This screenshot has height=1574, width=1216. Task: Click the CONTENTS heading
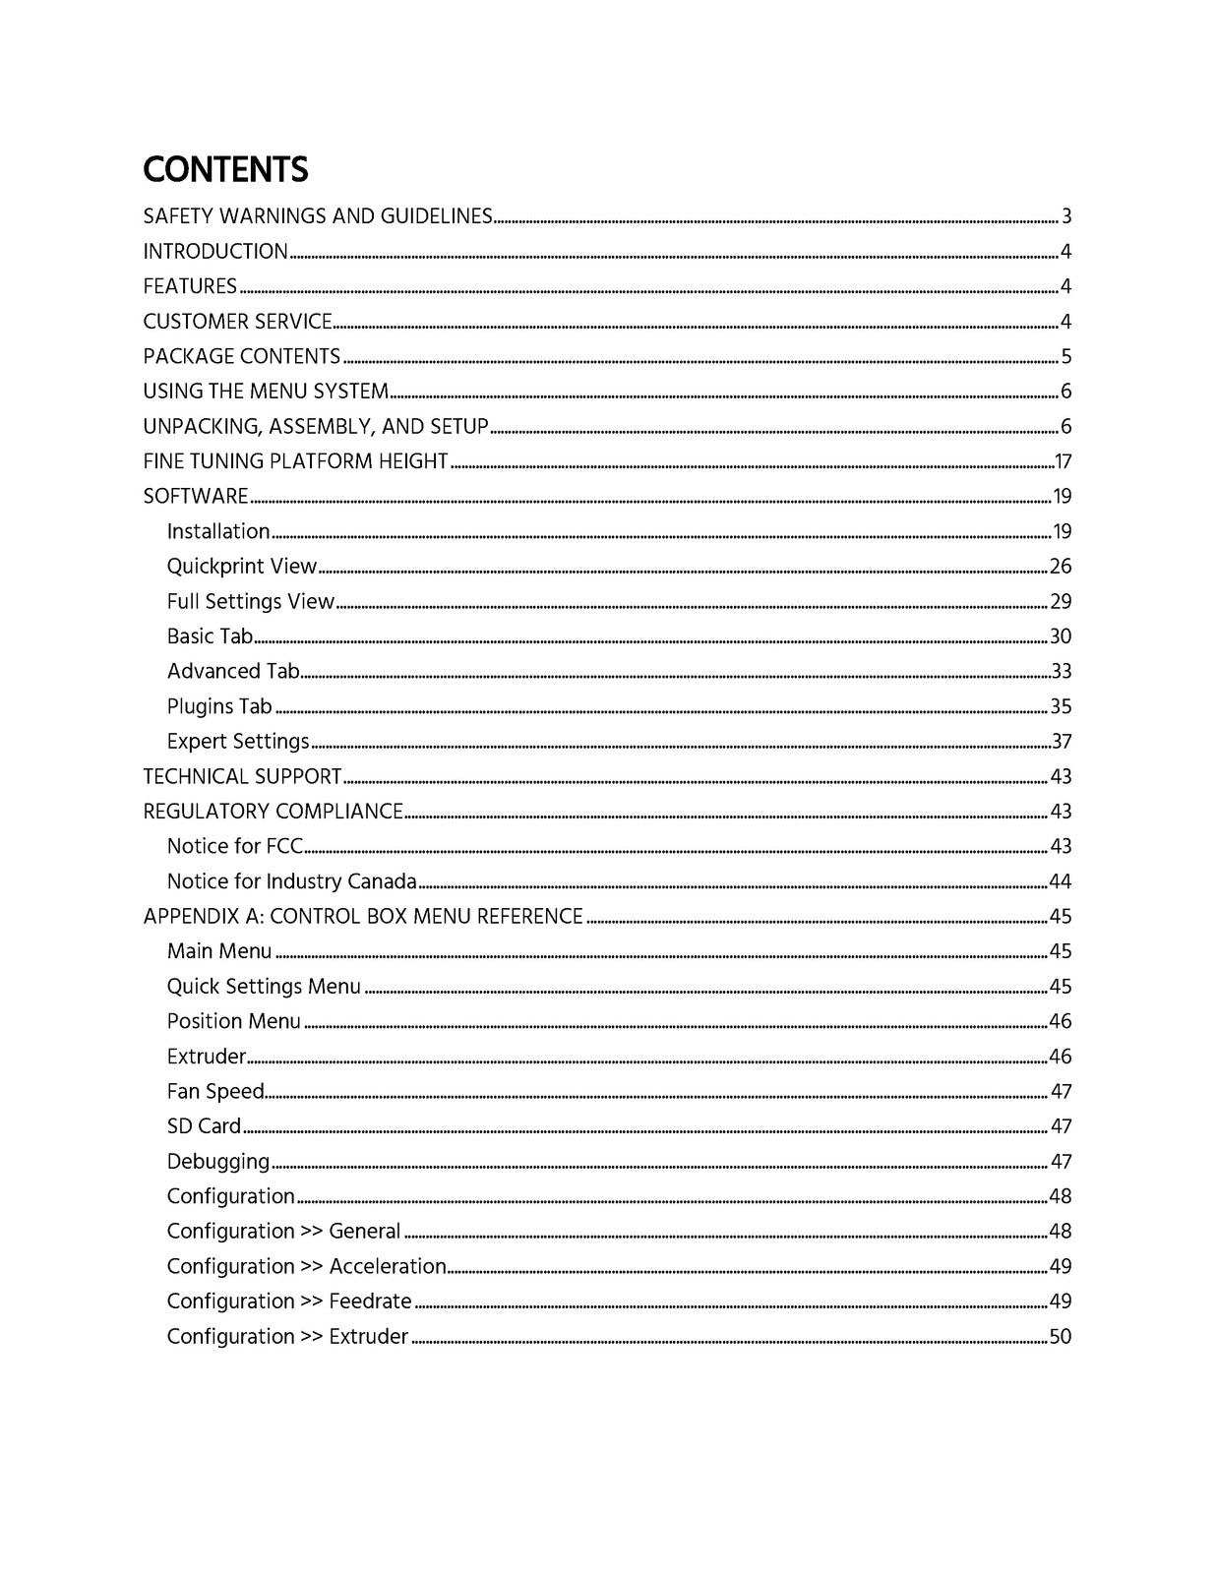tap(225, 170)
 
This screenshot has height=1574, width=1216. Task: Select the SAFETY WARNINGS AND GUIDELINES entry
tap(317, 216)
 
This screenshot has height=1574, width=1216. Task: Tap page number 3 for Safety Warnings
tap(1065, 216)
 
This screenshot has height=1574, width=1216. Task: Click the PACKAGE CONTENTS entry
tap(242, 356)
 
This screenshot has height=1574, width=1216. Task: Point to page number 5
tap(1065, 356)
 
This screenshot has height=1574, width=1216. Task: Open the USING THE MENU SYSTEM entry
tap(266, 392)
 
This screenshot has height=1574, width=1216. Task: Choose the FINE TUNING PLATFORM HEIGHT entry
tap(295, 461)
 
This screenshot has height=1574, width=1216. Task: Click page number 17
tap(1063, 461)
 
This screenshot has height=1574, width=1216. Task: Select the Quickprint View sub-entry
tap(242, 567)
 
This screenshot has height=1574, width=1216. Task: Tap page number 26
tap(1061, 567)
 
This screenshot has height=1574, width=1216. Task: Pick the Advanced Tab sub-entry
tap(233, 671)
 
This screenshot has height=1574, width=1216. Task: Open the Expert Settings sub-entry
tap(238, 742)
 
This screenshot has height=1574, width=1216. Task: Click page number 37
tap(1061, 742)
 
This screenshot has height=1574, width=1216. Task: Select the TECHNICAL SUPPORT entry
tap(242, 776)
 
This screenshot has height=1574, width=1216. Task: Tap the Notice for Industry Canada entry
tap(291, 881)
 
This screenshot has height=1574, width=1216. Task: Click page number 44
tap(1061, 881)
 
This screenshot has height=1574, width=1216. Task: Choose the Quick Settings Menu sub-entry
tap(264, 987)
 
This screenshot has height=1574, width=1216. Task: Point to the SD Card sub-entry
tap(204, 1126)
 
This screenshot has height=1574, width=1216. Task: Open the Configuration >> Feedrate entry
tap(289, 1302)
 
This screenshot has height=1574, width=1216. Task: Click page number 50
tap(1061, 1337)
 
